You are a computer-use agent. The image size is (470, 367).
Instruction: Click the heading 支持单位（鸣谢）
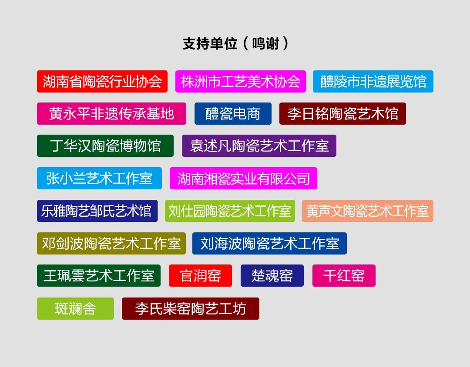click(235, 43)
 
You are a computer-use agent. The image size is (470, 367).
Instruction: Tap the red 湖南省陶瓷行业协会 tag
click(102, 81)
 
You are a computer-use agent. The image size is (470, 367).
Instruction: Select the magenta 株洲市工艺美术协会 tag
click(241, 81)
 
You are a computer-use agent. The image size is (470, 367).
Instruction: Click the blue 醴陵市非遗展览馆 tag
click(373, 81)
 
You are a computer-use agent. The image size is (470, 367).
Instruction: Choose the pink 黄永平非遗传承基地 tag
click(111, 114)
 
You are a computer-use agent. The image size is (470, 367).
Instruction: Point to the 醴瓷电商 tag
click(233, 114)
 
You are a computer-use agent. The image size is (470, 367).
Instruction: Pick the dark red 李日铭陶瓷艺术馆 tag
click(342, 114)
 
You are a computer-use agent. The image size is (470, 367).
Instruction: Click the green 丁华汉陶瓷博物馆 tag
click(105, 146)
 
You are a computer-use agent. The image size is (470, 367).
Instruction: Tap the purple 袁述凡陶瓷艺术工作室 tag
click(259, 146)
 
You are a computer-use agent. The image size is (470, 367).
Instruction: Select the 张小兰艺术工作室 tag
click(99, 179)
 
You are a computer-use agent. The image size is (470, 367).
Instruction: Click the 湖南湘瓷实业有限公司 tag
click(243, 179)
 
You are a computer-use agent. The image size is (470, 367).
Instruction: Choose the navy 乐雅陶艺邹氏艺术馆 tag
click(97, 211)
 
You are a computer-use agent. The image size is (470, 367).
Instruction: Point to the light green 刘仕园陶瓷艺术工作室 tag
click(230, 211)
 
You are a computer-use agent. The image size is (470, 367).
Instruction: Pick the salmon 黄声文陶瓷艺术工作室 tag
click(368, 211)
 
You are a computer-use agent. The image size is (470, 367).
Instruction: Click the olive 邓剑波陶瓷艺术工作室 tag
click(111, 243)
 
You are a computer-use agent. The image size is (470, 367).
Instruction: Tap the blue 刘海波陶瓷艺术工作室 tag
click(269, 243)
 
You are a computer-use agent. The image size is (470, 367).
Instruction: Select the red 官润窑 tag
click(200, 276)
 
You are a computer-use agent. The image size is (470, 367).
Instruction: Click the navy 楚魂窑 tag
click(272, 276)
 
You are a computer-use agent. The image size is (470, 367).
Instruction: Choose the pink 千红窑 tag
click(344, 276)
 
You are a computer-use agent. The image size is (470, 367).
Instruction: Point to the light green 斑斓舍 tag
click(75, 308)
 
